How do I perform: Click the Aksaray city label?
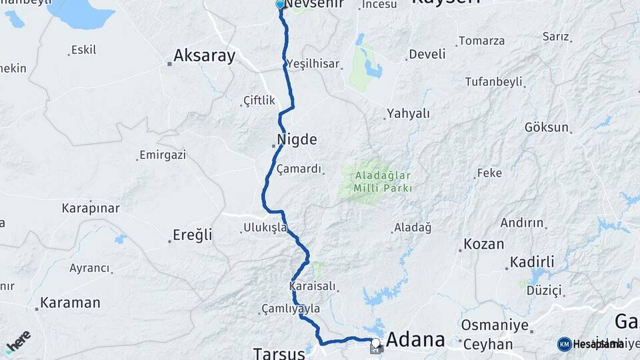pyautogui.click(x=204, y=56)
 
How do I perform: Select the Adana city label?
pyautogui.click(x=415, y=340)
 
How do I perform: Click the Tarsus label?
pyautogui.click(x=279, y=353)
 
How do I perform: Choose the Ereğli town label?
pyautogui.click(x=192, y=235)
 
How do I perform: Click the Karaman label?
pyautogui.click(x=70, y=303)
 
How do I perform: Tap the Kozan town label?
pyautogui.click(x=483, y=244)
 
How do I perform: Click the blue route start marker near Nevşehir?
pyautogui.click(x=280, y=5)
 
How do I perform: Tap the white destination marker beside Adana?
pyautogui.click(x=376, y=344)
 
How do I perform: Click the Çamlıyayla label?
pyautogui.click(x=291, y=309)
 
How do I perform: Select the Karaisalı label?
pyautogui.click(x=313, y=287)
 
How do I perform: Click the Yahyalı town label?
pyautogui.click(x=407, y=114)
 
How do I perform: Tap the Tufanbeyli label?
pyautogui.click(x=494, y=81)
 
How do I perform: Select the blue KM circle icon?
pyautogui.click(x=564, y=344)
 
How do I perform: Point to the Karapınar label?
pyautogui.click(x=91, y=208)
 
